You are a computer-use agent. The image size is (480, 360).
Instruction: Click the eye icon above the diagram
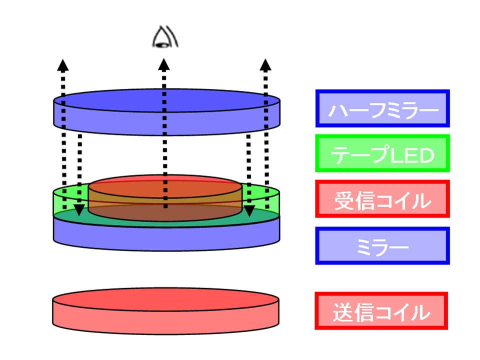click(x=163, y=38)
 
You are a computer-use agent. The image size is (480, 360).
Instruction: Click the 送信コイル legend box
click(x=381, y=311)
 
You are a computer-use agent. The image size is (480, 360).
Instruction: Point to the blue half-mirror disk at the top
click(x=166, y=112)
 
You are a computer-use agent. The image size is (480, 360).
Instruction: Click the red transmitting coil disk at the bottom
click(x=165, y=312)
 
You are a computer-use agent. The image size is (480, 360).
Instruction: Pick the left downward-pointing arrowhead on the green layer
click(x=79, y=210)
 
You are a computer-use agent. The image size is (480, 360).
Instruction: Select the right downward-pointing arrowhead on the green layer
click(x=248, y=210)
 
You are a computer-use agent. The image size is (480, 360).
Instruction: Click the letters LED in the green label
click(x=410, y=155)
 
